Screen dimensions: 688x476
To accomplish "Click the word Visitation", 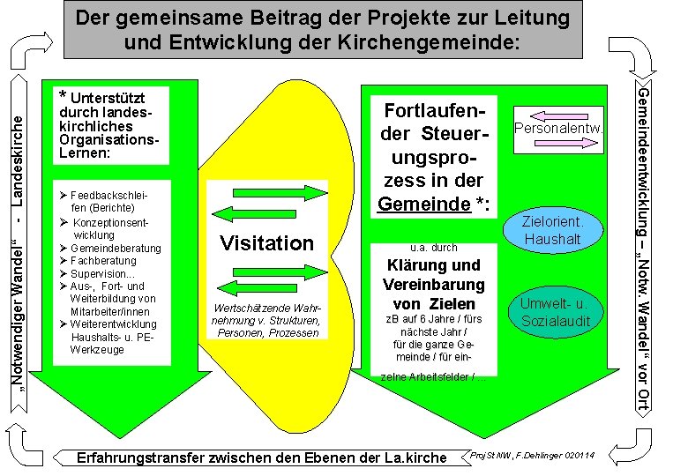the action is point(266,242).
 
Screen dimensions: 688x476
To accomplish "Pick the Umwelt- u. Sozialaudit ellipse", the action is point(555,313).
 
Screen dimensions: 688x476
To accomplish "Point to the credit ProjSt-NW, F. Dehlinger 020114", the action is point(533,455).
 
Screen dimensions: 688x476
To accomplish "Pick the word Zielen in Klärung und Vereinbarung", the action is point(451,304).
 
